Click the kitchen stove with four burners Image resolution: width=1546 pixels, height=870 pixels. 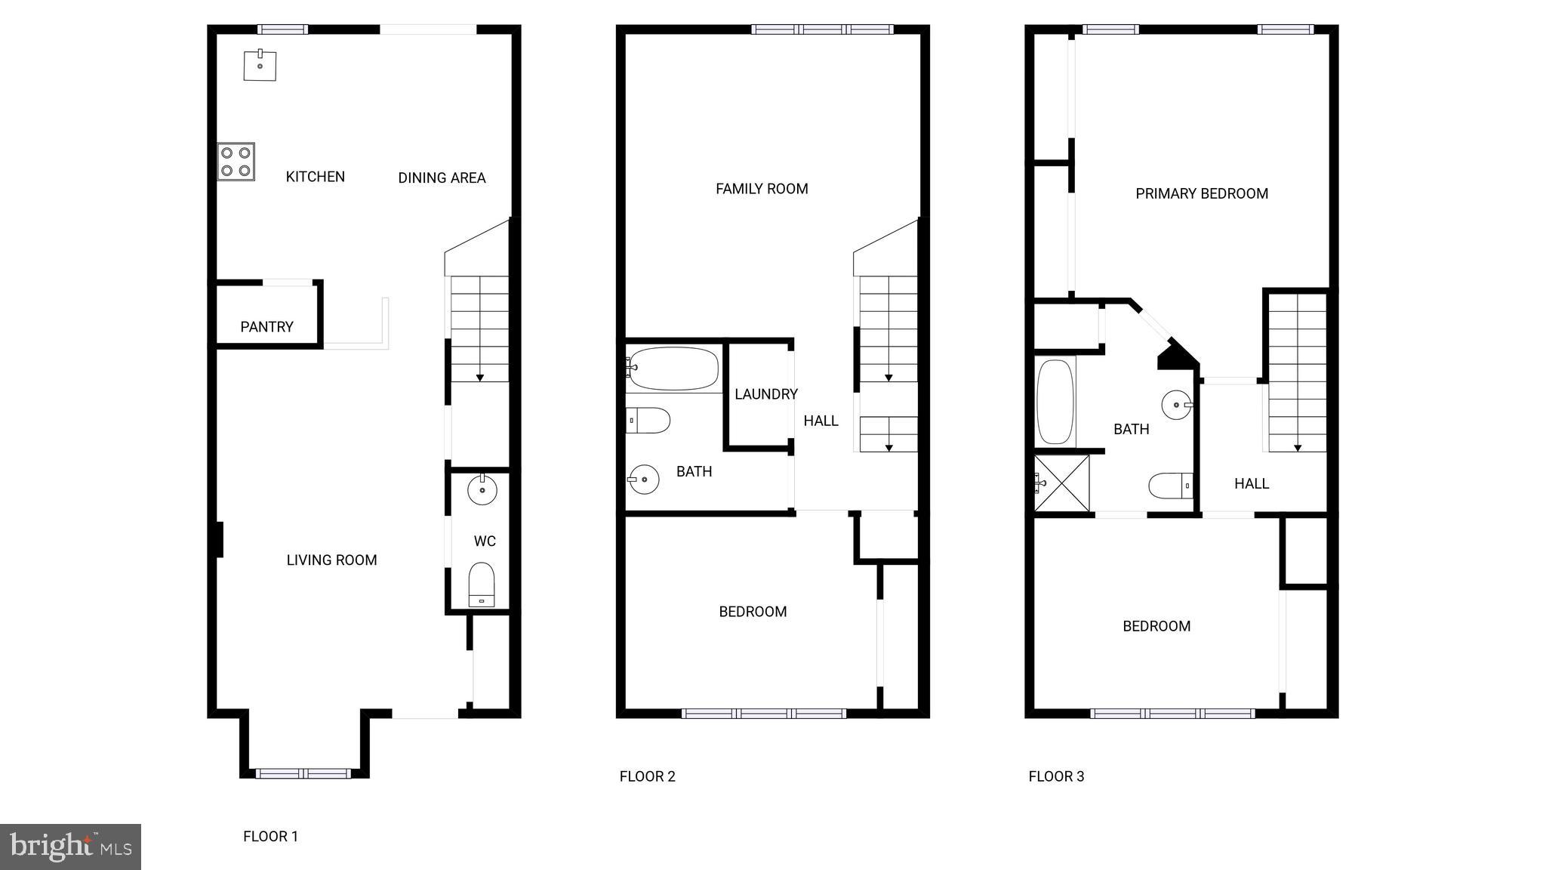click(236, 162)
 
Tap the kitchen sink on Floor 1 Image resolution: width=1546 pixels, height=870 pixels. click(260, 65)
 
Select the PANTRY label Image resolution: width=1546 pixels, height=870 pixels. click(266, 327)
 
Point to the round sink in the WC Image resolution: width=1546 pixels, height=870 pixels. click(482, 490)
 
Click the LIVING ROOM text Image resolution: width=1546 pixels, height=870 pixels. click(331, 560)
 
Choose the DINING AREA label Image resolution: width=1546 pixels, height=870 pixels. click(442, 178)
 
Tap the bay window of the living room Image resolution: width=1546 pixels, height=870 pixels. click(303, 773)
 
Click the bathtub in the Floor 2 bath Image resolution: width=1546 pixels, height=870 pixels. click(673, 369)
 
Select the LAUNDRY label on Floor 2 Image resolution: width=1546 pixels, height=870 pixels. click(765, 394)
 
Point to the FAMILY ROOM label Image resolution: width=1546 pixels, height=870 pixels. click(762, 189)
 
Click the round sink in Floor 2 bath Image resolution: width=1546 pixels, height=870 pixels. click(644, 479)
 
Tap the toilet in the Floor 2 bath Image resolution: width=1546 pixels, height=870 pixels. click(648, 421)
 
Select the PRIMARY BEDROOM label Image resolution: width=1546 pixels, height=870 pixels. click(1202, 194)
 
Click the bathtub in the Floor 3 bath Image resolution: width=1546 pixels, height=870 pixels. click(1055, 402)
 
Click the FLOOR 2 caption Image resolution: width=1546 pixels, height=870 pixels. click(647, 776)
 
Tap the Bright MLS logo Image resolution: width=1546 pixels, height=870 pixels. click(70, 847)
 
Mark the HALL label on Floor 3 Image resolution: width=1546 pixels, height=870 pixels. click(1252, 484)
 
